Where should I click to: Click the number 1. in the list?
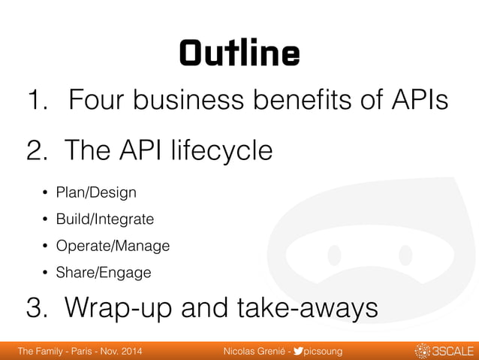pos(38,99)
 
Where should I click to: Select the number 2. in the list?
pos(39,150)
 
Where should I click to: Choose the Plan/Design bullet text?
pos(96,193)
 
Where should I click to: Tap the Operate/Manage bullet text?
pos(113,246)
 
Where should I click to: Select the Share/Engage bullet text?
pos(103,272)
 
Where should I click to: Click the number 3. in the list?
pos(39,308)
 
